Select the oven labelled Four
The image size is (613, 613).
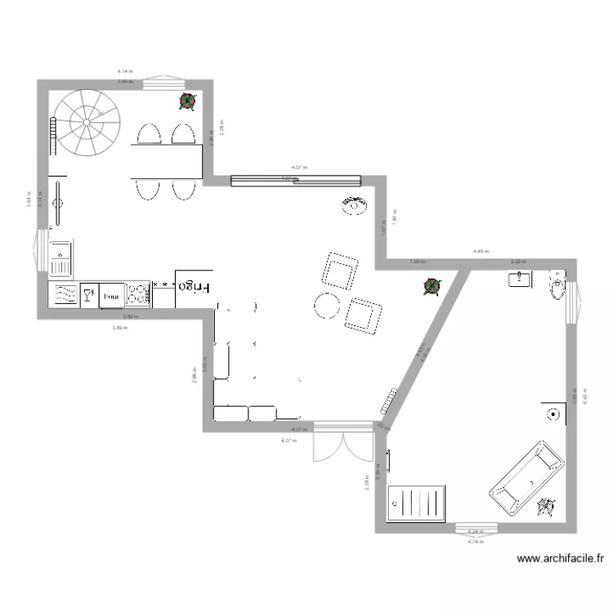[112, 294]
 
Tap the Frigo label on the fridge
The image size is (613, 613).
[194, 286]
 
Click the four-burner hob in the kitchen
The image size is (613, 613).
[139, 295]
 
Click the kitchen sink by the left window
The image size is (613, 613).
[61, 260]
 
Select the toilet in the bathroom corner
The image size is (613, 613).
[557, 285]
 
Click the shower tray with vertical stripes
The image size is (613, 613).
[418, 501]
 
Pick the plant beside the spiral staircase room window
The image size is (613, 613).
[188, 101]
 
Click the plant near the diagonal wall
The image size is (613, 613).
[431, 286]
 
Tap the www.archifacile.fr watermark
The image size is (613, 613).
[561, 560]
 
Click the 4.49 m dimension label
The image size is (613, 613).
[480, 252]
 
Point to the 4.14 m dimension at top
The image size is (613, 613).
[124, 72]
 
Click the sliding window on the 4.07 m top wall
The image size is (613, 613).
[295, 181]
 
